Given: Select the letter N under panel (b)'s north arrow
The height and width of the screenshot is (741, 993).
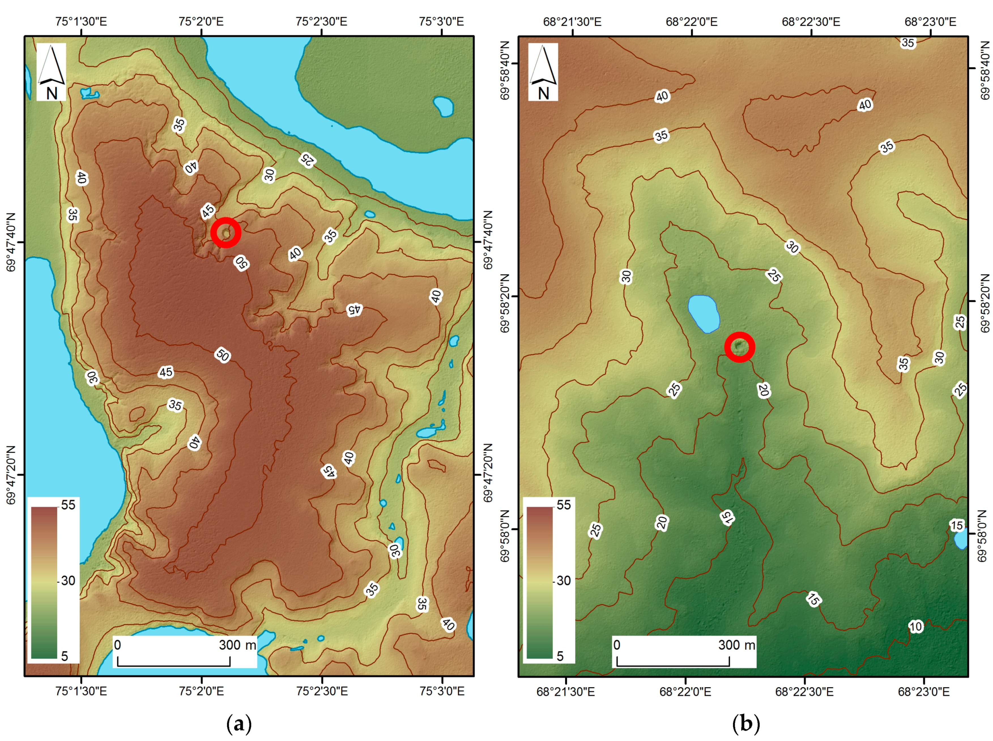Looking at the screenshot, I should tap(544, 93).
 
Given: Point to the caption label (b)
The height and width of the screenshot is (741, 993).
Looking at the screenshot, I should tap(746, 723).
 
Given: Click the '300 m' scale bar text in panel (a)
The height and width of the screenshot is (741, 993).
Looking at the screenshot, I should tap(237, 645).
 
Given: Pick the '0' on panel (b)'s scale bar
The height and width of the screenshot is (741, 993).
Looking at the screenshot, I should tap(617, 645).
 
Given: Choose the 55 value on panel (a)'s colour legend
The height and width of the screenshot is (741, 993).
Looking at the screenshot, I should tap(68, 505).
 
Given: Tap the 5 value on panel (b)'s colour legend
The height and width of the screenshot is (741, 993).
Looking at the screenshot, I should tap(560, 656).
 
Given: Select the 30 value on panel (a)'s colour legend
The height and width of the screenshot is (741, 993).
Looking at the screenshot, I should tap(68, 580).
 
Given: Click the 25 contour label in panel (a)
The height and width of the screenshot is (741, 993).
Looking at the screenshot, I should tap(308, 159).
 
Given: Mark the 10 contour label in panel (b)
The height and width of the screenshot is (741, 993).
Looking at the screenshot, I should tap(916, 627).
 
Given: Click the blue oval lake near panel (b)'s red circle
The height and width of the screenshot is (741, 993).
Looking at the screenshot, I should tap(704, 313).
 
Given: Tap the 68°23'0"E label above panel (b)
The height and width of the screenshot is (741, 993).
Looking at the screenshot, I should tap(930, 22).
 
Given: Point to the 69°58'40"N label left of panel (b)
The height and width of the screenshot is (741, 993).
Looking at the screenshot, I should tap(505, 70).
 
